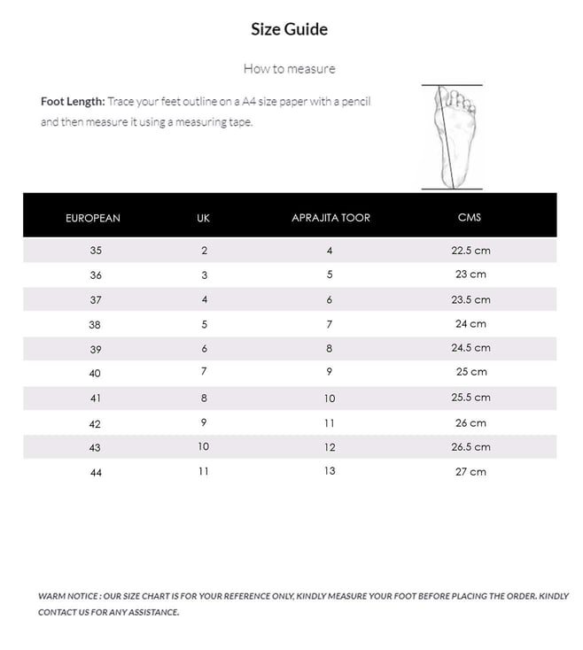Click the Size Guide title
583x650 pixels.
click(289, 29)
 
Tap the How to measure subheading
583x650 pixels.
click(289, 68)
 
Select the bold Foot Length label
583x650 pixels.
click(73, 101)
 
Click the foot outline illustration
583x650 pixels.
click(451, 137)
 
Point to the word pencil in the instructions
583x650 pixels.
click(354, 101)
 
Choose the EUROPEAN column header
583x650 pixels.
click(93, 218)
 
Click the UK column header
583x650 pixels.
click(204, 218)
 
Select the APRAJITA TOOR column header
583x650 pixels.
click(330, 218)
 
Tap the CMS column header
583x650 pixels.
click(470, 218)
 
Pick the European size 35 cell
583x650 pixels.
click(96, 251)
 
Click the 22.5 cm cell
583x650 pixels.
click(470, 251)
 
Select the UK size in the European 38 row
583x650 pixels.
click(204, 324)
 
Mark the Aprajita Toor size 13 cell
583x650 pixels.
click(330, 471)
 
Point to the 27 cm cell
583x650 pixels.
click(470, 472)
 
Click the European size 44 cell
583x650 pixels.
click(96, 473)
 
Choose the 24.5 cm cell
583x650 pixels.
click(470, 348)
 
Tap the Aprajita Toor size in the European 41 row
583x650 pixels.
click(330, 399)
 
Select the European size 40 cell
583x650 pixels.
click(95, 374)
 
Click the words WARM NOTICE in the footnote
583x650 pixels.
click(67, 596)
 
